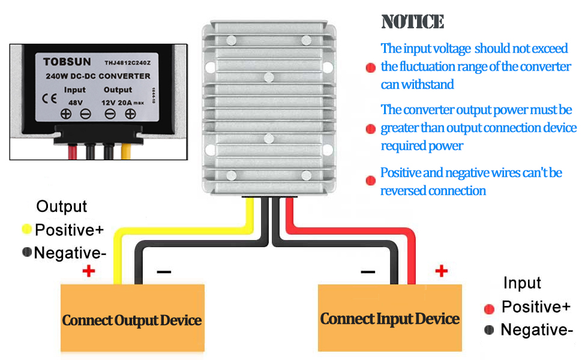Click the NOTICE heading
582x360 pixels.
click(x=413, y=22)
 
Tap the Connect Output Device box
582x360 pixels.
click(x=132, y=319)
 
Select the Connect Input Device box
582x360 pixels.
click(x=389, y=317)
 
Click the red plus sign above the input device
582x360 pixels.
click(x=442, y=271)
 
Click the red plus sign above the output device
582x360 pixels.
click(x=89, y=271)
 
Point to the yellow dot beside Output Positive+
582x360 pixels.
click(x=26, y=229)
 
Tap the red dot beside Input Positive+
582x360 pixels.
click(x=489, y=308)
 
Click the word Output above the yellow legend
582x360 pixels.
click(x=62, y=207)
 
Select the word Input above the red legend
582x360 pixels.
click(x=522, y=283)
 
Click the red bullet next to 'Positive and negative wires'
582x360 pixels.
click(x=370, y=180)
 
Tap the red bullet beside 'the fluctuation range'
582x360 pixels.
click(x=370, y=68)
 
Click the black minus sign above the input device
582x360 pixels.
click(x=368, y=271)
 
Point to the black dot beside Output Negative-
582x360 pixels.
click(x=26, y=253)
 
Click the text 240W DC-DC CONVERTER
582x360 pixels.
click(x=98, y=76)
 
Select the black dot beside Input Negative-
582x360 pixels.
click(x=489, y=329)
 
